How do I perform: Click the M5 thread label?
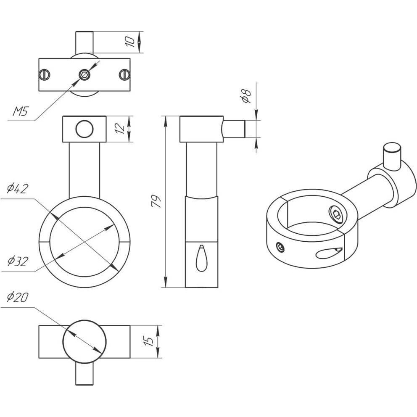(x=21, y=111)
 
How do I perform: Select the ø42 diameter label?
(x=18, y=189)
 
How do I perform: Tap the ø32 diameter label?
(x=18, y=261)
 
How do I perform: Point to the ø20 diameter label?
(x=17, y=297)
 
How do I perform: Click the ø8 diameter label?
(x=246, y=96)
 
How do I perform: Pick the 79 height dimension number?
(x=156, y=201)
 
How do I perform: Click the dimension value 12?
(x=121, y=129)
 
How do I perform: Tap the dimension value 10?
(x=130, y=42)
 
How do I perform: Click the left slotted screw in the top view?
(x=45, y=75)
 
